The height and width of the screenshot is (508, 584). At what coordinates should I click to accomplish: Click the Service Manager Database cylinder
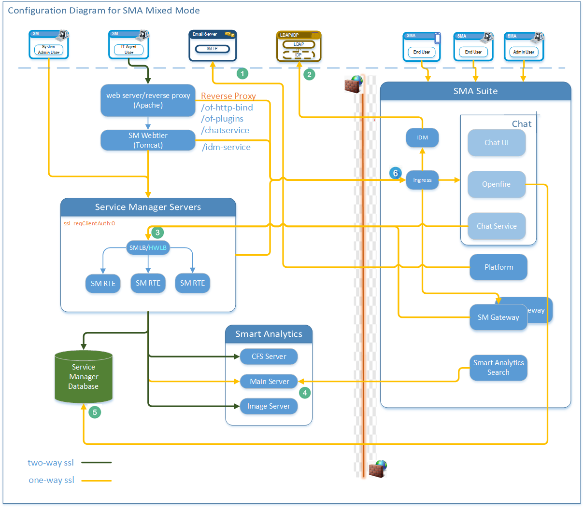[x=84, y=377]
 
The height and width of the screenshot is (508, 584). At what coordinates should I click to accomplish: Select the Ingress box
[x=422, y=180]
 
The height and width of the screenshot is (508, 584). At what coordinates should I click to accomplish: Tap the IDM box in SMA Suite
[x=422, y=137]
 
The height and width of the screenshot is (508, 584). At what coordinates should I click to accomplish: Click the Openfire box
[x=496, y=184]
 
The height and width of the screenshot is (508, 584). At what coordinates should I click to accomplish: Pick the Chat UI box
[x=496, y=143]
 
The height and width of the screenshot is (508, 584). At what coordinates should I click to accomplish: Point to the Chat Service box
[x=496, y=226]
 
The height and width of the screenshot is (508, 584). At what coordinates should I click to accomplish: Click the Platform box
[x=499, y=267]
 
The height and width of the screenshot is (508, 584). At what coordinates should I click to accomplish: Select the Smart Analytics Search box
[x=498, y=368]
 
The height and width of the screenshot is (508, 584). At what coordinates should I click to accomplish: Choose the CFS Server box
[x=269, y=357]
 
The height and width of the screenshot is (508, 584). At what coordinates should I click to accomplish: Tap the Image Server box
[x=269, y=406]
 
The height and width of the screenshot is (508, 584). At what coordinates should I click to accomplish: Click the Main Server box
[x=269, y=382]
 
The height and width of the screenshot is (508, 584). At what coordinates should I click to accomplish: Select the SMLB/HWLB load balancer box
[x=148, y=248]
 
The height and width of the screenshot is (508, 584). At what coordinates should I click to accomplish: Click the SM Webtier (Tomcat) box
[x=148, y=140]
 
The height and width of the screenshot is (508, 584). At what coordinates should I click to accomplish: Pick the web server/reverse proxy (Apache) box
[x=148, y=100]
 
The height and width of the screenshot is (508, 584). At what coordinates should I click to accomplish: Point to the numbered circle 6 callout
[x=396, y=173]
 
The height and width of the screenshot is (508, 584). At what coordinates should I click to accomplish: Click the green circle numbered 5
[x=95, y=412]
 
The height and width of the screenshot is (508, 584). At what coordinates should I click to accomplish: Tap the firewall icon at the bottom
[x=378, y=468]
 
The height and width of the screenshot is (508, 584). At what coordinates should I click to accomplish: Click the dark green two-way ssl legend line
[x=96, y=463]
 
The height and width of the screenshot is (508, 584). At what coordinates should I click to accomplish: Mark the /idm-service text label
[x=226, y=148]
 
